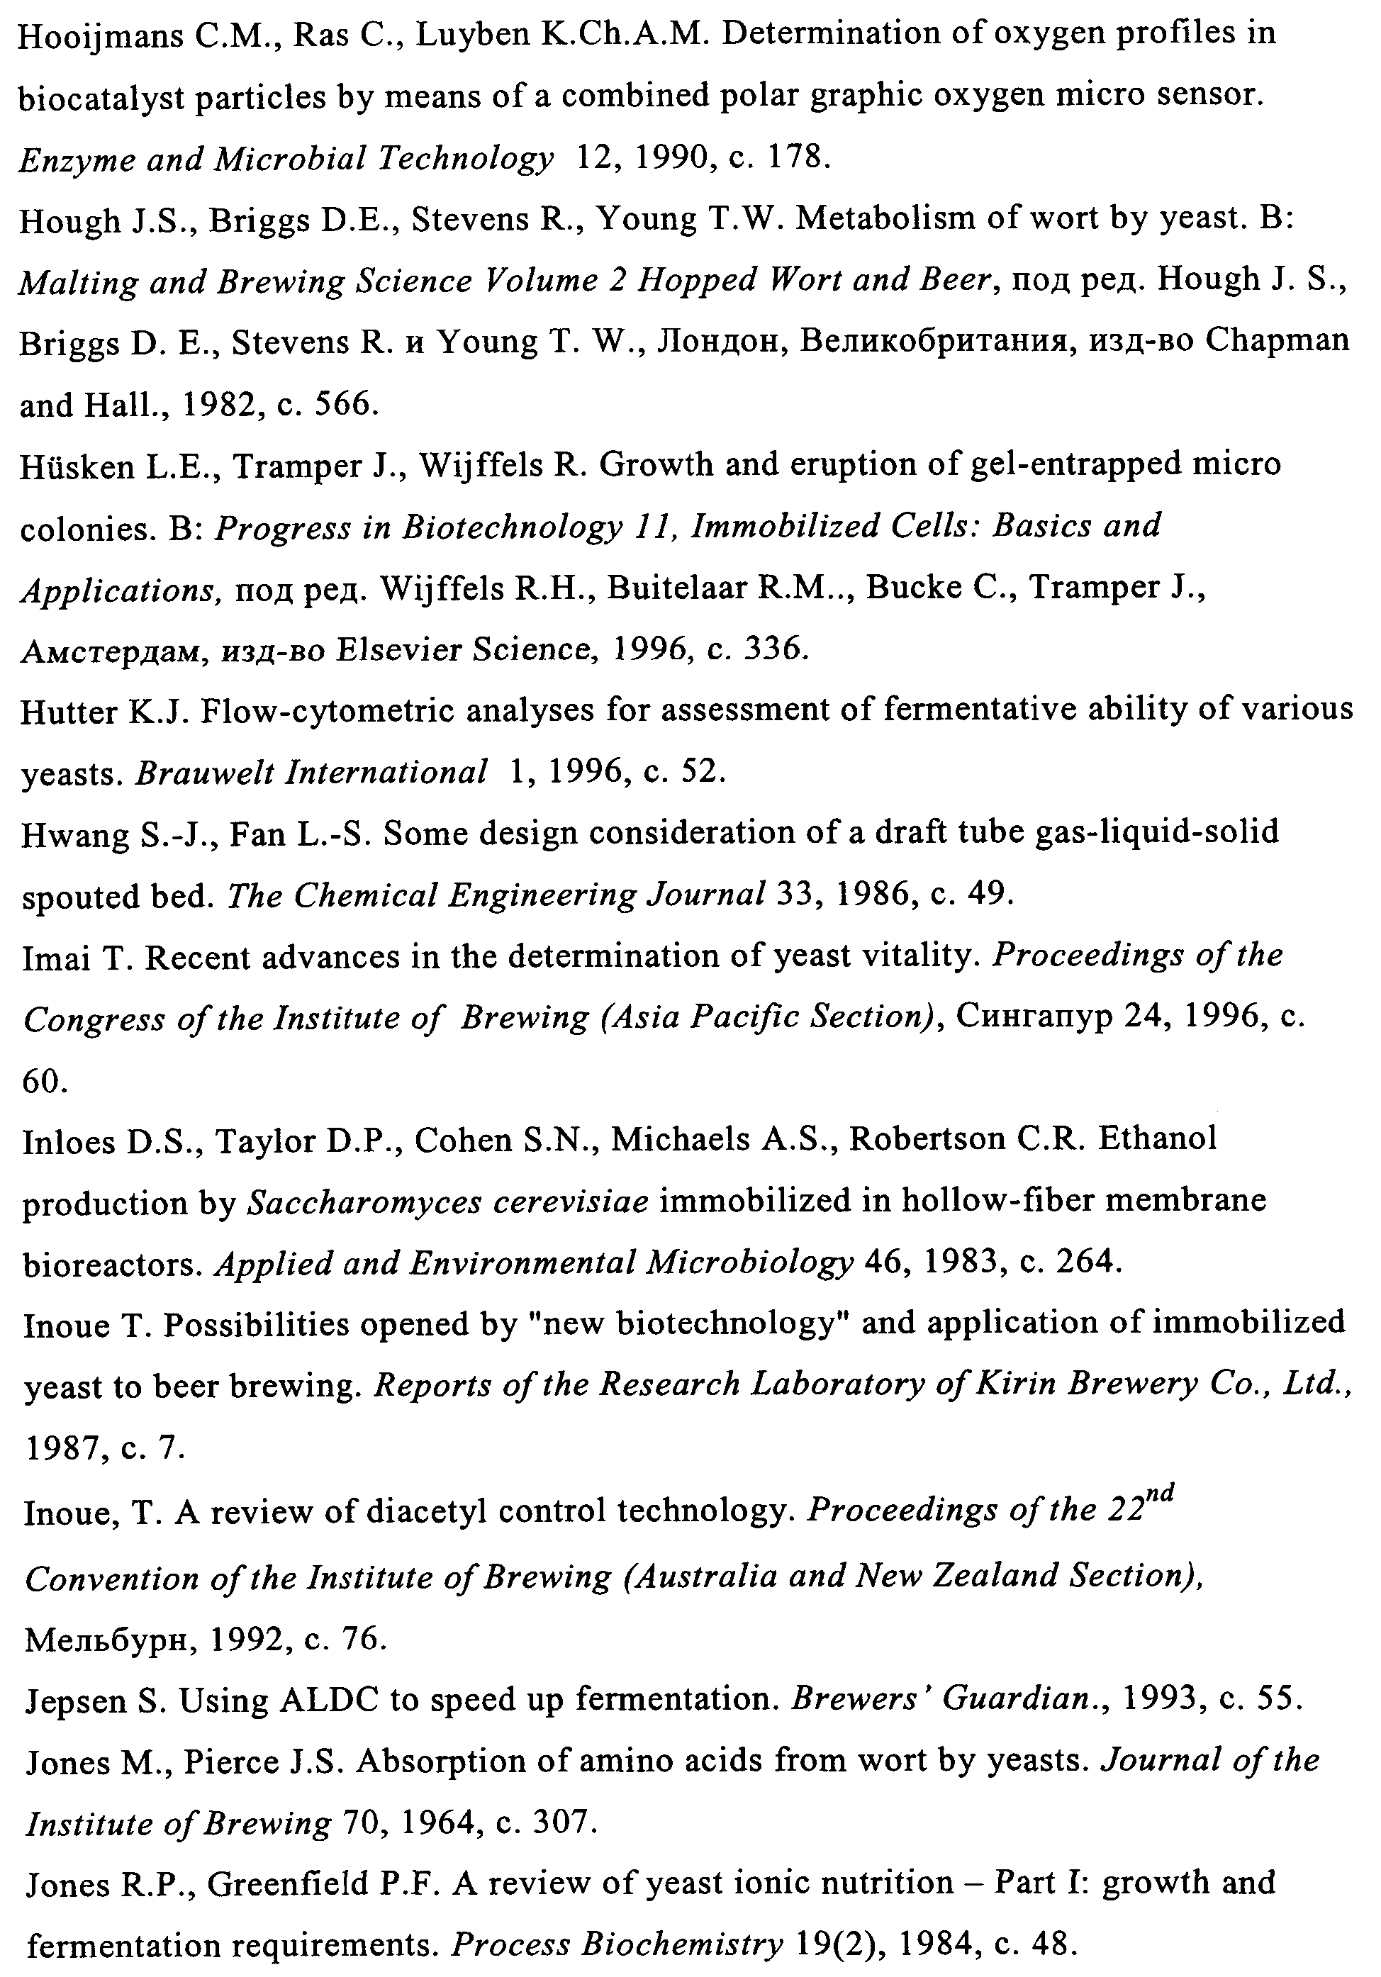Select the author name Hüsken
pyautogui.click(x=75, y=466)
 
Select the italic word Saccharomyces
pyautogui.click(x=361, y=1202)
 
